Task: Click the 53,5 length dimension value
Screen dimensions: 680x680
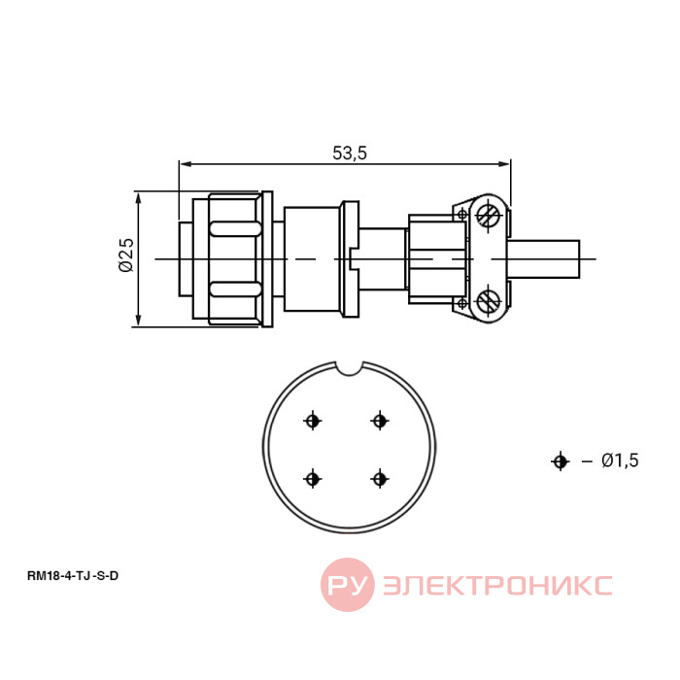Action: click(x=350, y=153)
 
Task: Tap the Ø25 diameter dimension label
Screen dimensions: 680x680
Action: click(x=126, y=255)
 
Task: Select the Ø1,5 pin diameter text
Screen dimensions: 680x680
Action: click(x=620, y=460)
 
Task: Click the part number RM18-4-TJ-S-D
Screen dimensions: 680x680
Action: click(x=73, y=576)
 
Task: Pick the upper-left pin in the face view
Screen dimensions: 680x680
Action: click(x=312, y=421)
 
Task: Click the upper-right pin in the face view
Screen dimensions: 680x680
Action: click(x=380, y=421)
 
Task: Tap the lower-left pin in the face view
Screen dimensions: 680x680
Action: click(x=312, y=479)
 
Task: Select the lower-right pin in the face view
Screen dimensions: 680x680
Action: click(x=380, y=479)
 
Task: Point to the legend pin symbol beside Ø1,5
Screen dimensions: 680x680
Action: click(x=560, y=461)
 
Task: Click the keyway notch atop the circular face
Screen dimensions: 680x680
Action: click(x=350, y=368)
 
